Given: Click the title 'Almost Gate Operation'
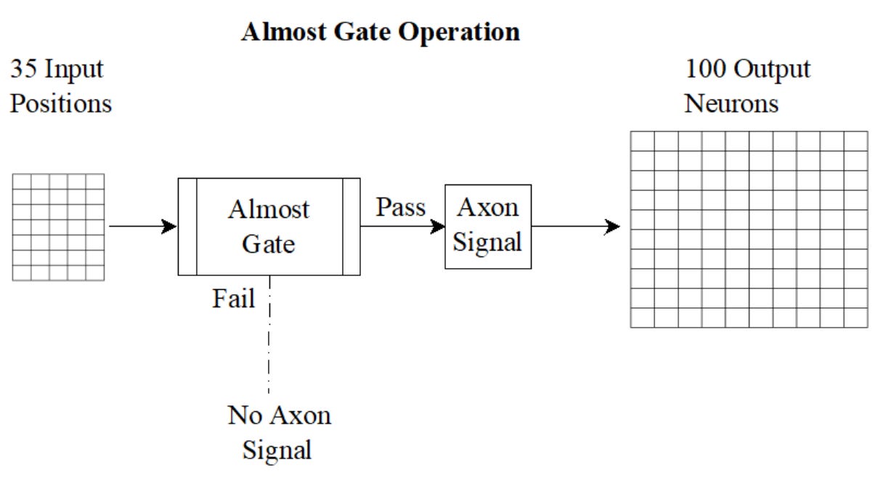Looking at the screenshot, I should [x=380, y=32].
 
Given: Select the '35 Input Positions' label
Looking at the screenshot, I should [x=61, y=86].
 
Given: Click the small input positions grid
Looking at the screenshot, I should [x=59, y=227].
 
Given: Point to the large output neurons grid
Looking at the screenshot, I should [x=749, y=229].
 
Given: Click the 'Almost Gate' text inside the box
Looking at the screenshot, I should [x=269, y=226].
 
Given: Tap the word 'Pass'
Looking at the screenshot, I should [x=400, y=208].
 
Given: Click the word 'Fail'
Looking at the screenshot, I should [x=233, y=299].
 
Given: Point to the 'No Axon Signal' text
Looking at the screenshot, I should [x=279, y=432].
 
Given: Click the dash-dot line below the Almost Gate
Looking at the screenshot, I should [x=269, y=341].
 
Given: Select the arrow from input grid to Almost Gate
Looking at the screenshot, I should [x=142, y=227].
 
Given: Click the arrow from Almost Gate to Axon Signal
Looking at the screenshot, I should [x=402, y=227].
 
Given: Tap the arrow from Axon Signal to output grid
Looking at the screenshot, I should [x=575, y=227].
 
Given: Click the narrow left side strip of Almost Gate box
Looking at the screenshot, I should [x=187, y=227].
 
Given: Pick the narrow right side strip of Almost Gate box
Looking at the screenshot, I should [x=351, y=227].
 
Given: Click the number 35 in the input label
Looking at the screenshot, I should [x=24, y=70].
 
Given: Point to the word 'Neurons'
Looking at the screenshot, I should [x=731, y=103].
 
